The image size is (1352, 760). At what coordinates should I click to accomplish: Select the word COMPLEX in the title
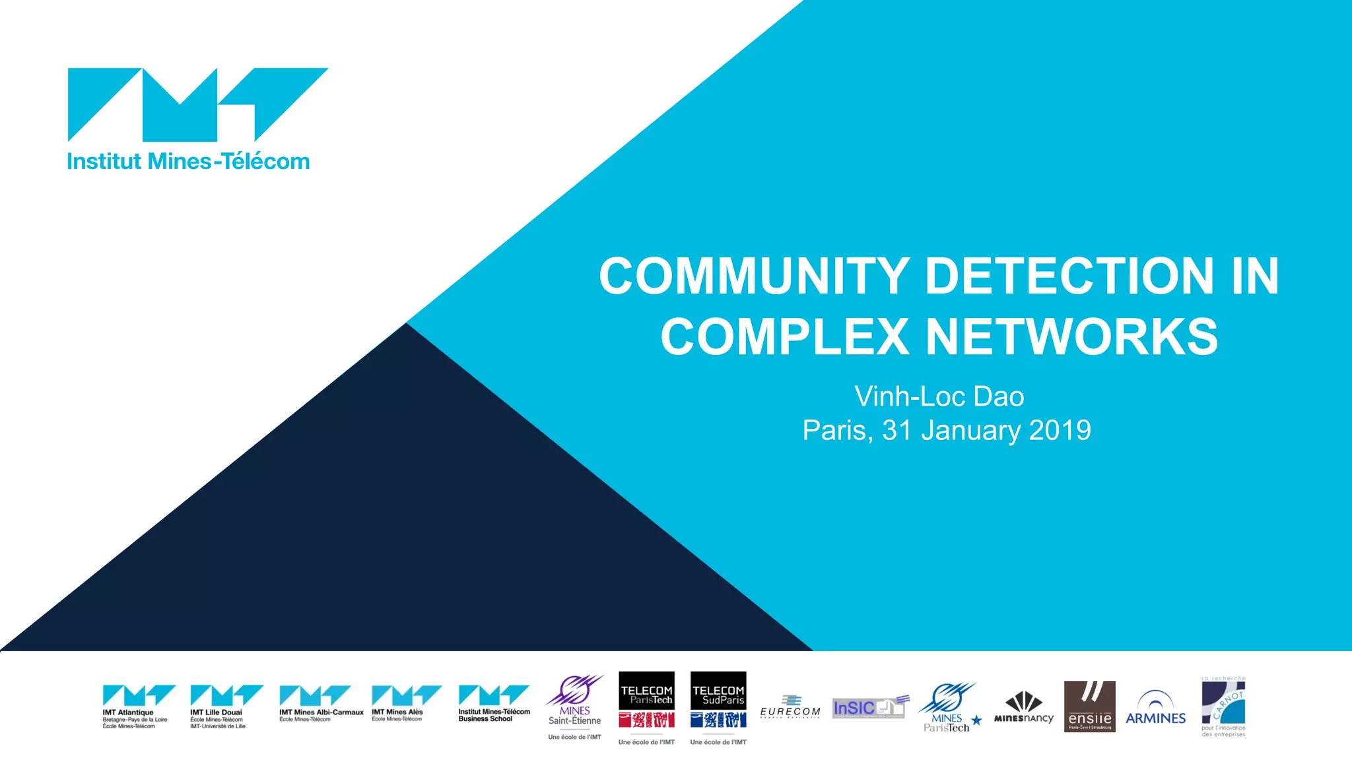[785, 337]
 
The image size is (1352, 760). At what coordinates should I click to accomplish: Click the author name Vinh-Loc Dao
[939, 396]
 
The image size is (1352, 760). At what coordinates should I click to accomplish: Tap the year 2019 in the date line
[1060, 430]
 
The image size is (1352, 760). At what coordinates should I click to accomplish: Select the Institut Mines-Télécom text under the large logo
[188, 162]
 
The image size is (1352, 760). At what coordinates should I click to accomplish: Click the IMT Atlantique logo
[138, 707]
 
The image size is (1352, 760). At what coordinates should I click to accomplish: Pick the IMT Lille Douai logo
[226, 707]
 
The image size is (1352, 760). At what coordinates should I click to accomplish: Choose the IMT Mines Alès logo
[405, 703]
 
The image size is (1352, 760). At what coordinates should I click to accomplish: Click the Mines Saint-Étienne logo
[574, 707]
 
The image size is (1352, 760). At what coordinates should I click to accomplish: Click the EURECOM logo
[790, 707]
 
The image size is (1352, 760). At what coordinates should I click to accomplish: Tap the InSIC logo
[870, 707]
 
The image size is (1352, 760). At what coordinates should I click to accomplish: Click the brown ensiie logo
[1089, 707]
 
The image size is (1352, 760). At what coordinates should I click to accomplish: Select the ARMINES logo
[1155, 709]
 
